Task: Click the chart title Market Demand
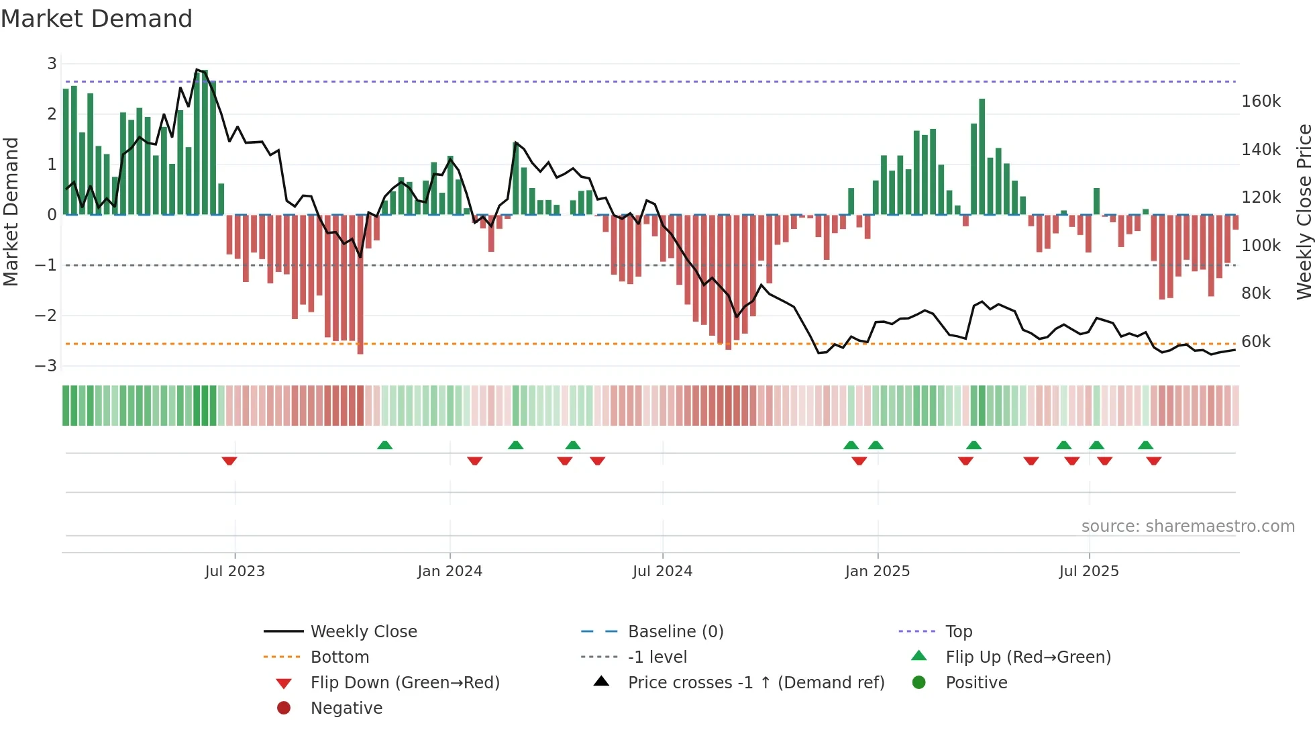tap(97, 19)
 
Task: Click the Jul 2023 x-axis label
tap(235, 571)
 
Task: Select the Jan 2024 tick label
tap(450, 571)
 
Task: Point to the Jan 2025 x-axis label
tap(877, 571)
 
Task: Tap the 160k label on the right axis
tap(1261, 101)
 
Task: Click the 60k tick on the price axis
tap(1255, 342)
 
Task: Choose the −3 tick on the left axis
tap(46, 366)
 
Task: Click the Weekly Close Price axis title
tap(1304, 212)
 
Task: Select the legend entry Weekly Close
tap(363, 632)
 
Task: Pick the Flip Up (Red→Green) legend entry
tap(1028, 657)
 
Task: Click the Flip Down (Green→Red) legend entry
tap(405, 683)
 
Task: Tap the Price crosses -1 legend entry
tap(755, 683)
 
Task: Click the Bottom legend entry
tap(339, 657)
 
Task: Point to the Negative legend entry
tap(346, 708)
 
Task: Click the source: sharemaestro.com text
tap(1188, 526)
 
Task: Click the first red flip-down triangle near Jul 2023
tap(229, 461)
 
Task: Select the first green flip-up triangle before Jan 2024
tap(384, 445)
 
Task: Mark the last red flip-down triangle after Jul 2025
tap(1154, 461)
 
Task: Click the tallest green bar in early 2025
tap(982, 156)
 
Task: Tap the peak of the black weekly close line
tap(197, 70)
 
